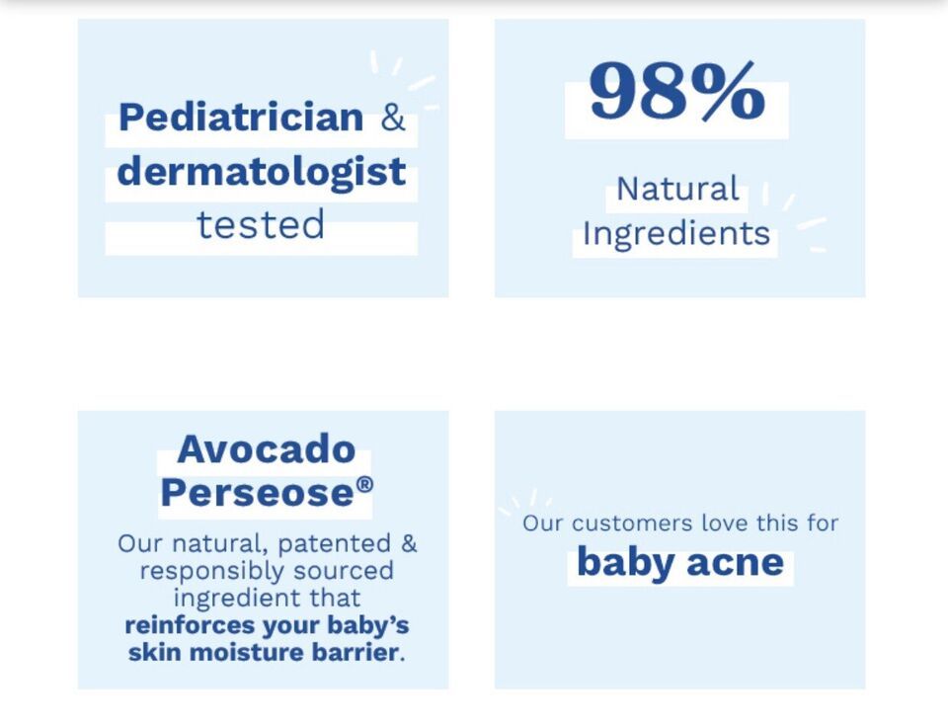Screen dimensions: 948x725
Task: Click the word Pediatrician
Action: [241, 117]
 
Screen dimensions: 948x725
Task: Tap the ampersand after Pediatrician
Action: [393, 117]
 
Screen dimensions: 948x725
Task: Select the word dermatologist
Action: [261, 173]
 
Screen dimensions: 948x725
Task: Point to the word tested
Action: [261, 224]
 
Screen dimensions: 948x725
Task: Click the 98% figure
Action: [677, 91]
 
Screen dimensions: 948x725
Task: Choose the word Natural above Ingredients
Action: [677, 189]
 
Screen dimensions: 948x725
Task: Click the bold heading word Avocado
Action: [266, 449]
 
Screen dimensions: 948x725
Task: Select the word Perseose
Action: [257, 492]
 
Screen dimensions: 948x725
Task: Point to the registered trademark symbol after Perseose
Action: [364, 484]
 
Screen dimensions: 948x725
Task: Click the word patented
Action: [334, 543]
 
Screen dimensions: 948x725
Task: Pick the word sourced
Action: [344, 571]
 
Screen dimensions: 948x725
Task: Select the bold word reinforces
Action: [190, 625]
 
